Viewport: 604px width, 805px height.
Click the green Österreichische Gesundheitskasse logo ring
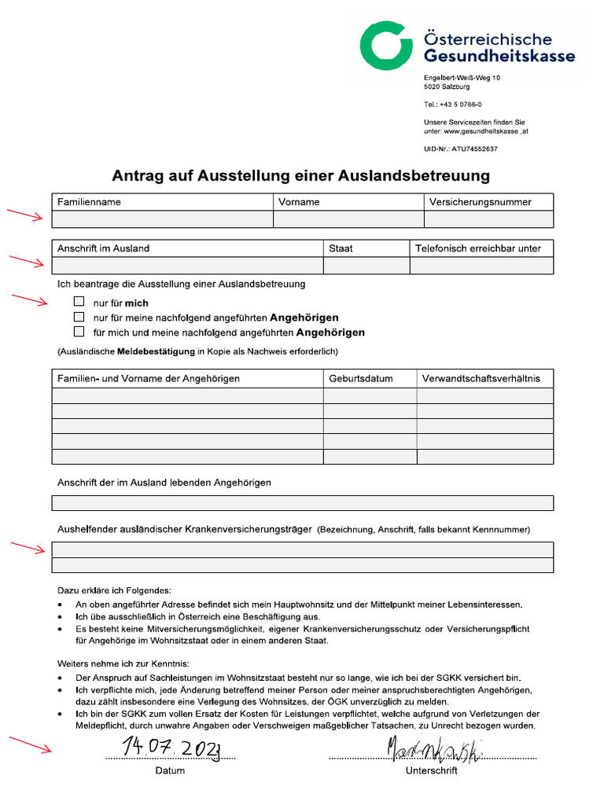coord(386,46)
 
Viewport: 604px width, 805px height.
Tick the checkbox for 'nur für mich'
coord(79,302)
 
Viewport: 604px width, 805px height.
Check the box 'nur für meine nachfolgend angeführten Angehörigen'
coord(79,317)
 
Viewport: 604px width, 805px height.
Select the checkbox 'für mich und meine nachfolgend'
coord(79,332)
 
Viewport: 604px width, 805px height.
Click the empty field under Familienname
coord(162,219)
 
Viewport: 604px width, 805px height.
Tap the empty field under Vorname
coord(348,219)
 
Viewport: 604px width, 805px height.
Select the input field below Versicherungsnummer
coord(488,219)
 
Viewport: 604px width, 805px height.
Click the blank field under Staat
coord(366,266)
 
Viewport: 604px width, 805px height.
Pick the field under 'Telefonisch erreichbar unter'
coord(481,266)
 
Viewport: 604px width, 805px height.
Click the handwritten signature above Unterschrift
coord(435,750)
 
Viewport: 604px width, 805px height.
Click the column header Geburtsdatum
coord(361,379)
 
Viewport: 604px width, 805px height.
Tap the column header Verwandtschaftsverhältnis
coord(481,379)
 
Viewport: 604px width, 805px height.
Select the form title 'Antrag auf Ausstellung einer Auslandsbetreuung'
coord(301,175)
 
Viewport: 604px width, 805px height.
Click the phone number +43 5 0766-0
coord(453,105)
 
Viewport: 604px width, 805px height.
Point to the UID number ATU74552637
coord(460,149)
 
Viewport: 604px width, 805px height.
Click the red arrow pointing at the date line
coord(30,744)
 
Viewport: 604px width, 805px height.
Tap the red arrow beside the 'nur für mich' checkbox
coord(30,300)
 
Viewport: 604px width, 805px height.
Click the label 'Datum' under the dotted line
coord(170,771)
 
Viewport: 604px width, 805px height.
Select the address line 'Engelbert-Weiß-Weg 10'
coord(462,78)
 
